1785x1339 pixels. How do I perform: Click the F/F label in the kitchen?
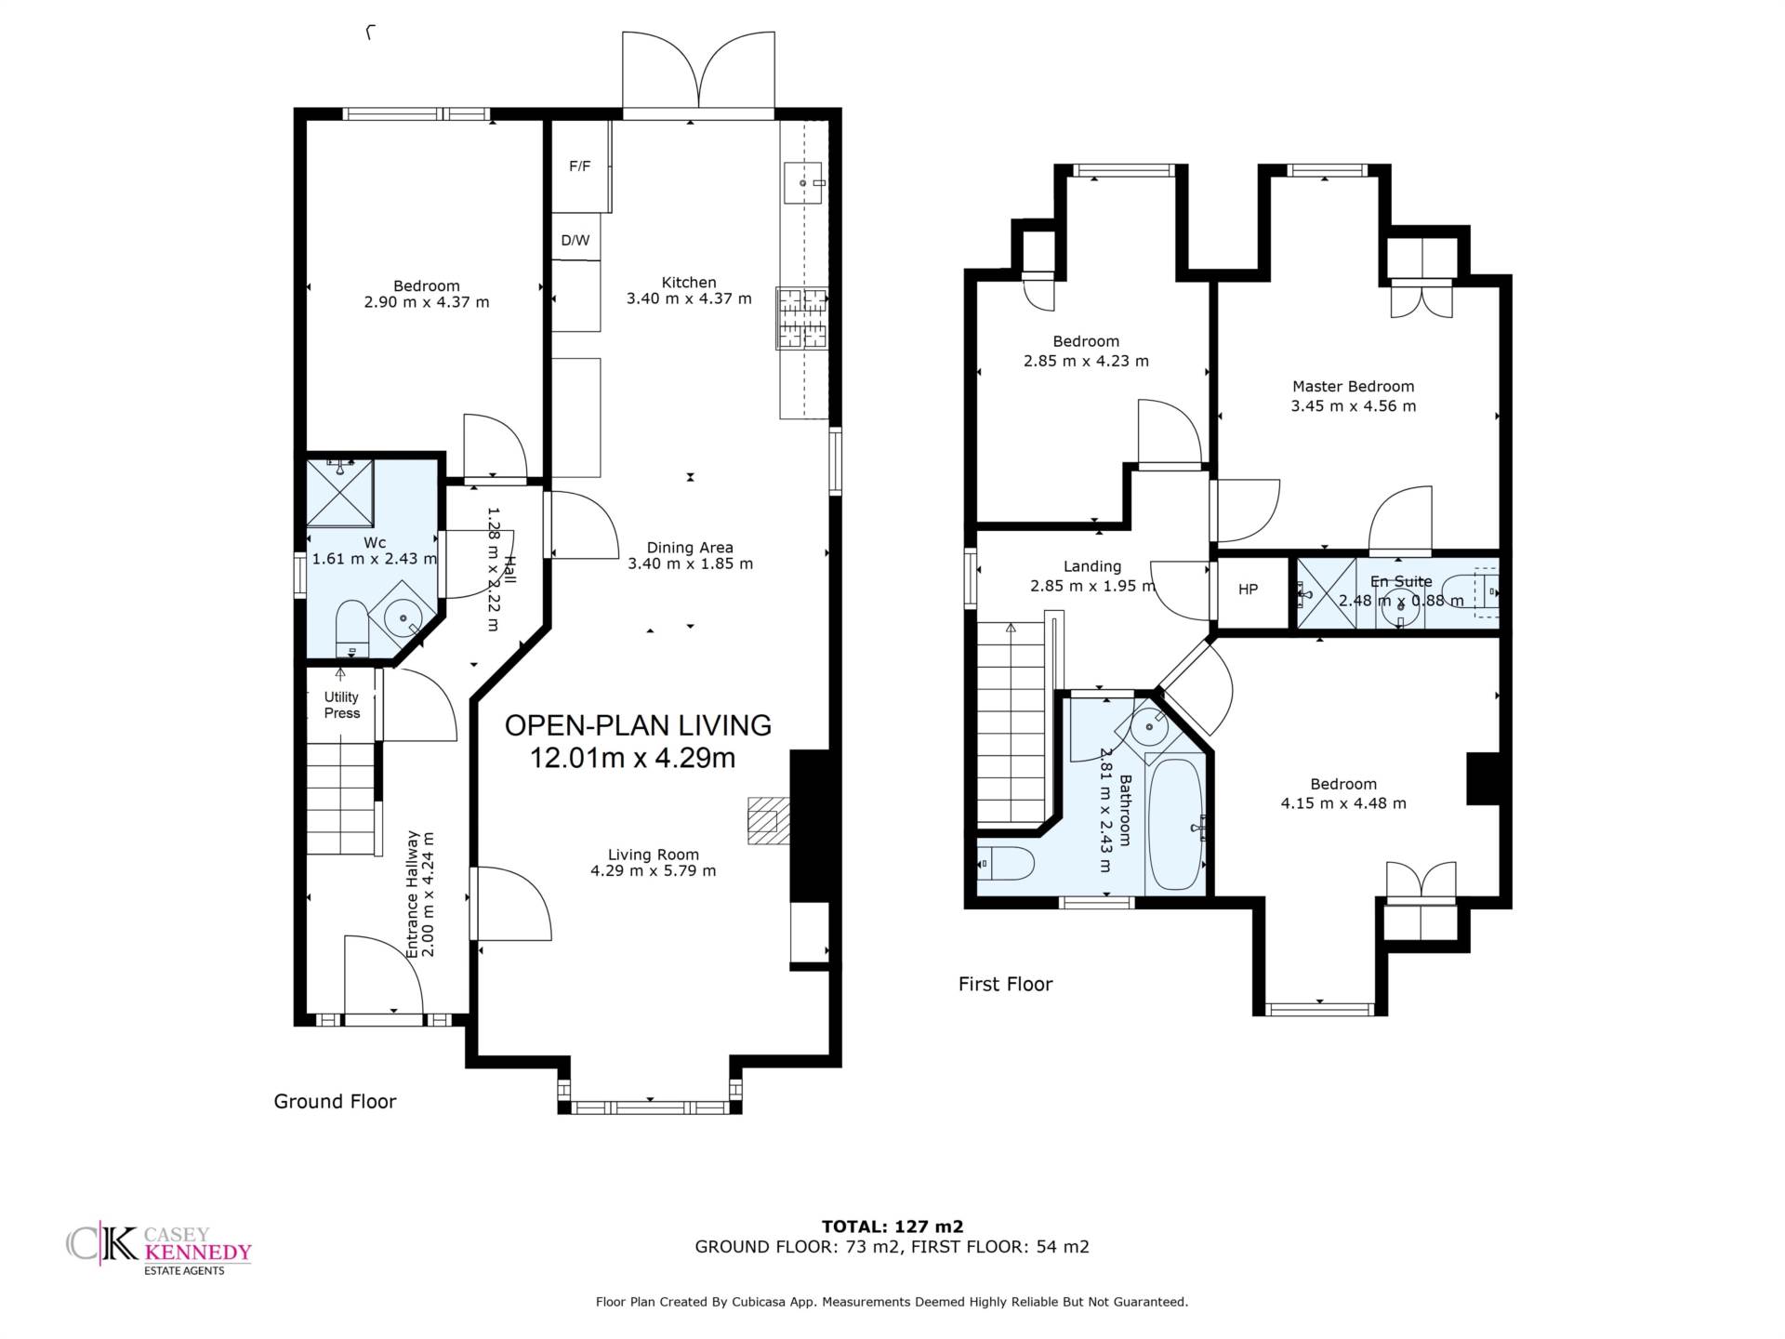[579, 166]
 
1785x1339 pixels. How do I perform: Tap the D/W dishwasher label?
[575, 240]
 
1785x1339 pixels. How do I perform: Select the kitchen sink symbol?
[803, 182]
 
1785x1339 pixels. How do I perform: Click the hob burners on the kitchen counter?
[802, 318]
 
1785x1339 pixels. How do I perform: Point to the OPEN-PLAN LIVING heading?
[638, 725]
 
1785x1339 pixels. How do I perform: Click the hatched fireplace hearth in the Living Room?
[769, 820]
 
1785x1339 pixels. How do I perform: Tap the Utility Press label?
[341, 705]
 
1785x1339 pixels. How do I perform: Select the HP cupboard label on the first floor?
[1248, 589]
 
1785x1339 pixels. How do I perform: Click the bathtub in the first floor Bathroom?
[1176, 825]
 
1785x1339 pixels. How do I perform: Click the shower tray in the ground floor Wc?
[340, 493]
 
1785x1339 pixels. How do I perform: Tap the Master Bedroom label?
[1353, 386]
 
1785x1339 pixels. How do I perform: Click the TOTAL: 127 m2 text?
[892, 1226]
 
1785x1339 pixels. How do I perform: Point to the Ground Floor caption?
[335, 1102]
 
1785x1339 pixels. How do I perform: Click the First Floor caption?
[1005, 984]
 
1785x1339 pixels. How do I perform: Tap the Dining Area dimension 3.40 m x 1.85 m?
[690, 563]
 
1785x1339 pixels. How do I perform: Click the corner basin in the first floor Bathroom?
[1150, 726]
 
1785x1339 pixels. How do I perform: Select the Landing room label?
[1092, 566]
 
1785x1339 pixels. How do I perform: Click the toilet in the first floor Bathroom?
[1005, 864]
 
